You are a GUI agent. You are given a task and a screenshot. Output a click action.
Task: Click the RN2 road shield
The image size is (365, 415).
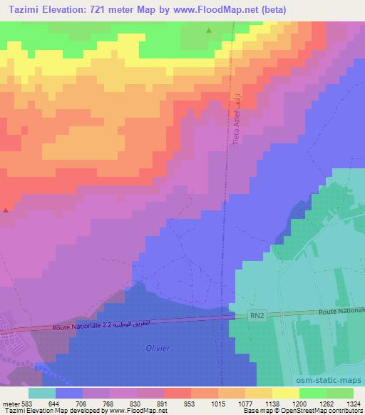[x=257, y=314]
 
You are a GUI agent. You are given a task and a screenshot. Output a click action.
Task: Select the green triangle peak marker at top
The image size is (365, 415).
[x=209, y=31]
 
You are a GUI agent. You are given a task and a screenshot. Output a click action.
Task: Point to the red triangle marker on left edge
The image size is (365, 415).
[x=6, y=210]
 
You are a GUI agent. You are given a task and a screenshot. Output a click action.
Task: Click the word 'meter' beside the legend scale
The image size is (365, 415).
[x=9, y=403]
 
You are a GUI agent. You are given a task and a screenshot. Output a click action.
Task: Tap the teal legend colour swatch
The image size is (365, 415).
[x=42, y=393]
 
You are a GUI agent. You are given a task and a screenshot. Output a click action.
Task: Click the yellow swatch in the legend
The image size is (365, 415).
[x=258, y=393]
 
